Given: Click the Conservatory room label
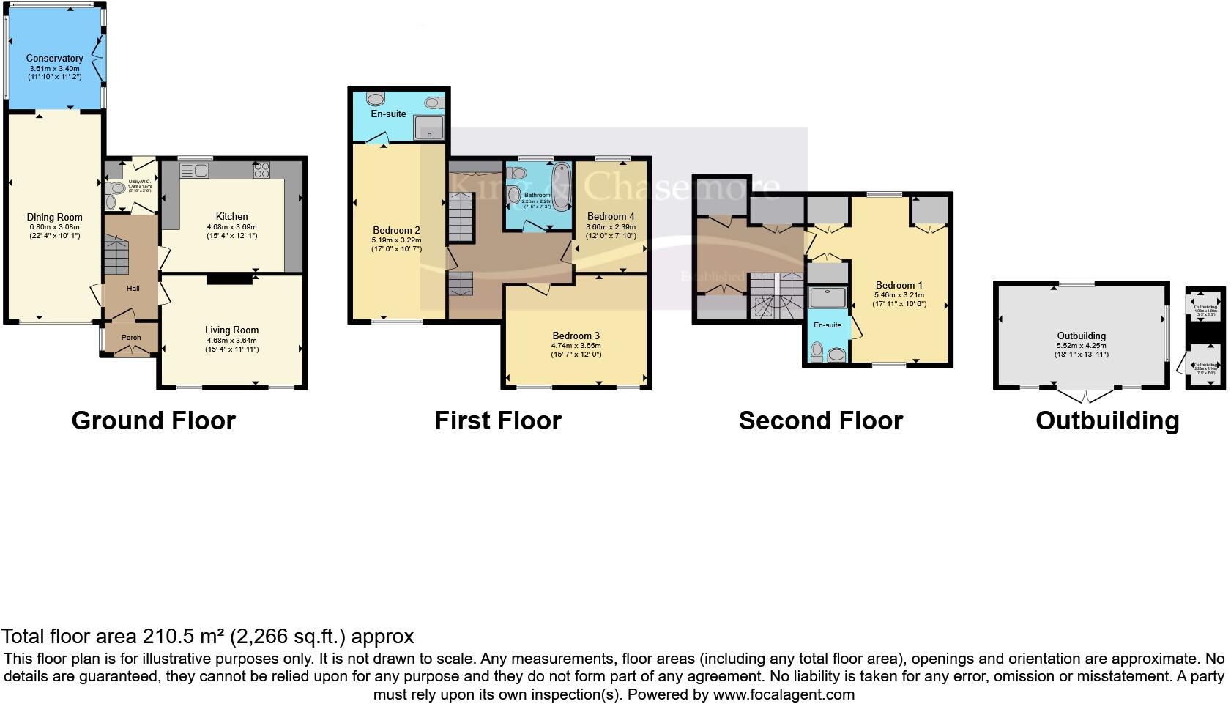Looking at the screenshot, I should [54, 58].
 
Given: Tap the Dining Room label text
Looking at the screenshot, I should [54, 217].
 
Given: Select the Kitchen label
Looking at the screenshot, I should [231, 216].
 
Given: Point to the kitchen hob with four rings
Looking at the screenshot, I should [261, 171].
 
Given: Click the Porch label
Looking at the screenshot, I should [131, 337].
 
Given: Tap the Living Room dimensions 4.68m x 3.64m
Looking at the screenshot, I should [231, 340].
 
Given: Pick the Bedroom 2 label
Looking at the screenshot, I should [396, 230].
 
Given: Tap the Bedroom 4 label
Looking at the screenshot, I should [611, 216].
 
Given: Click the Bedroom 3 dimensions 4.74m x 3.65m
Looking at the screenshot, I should [576, 346].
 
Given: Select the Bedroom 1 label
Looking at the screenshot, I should [899, 285].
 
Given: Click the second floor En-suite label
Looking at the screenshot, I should [828, 325].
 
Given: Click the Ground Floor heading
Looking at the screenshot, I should [153, 420].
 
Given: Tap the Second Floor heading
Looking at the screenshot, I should [820, 420].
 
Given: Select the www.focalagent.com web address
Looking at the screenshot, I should [783, 694].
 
